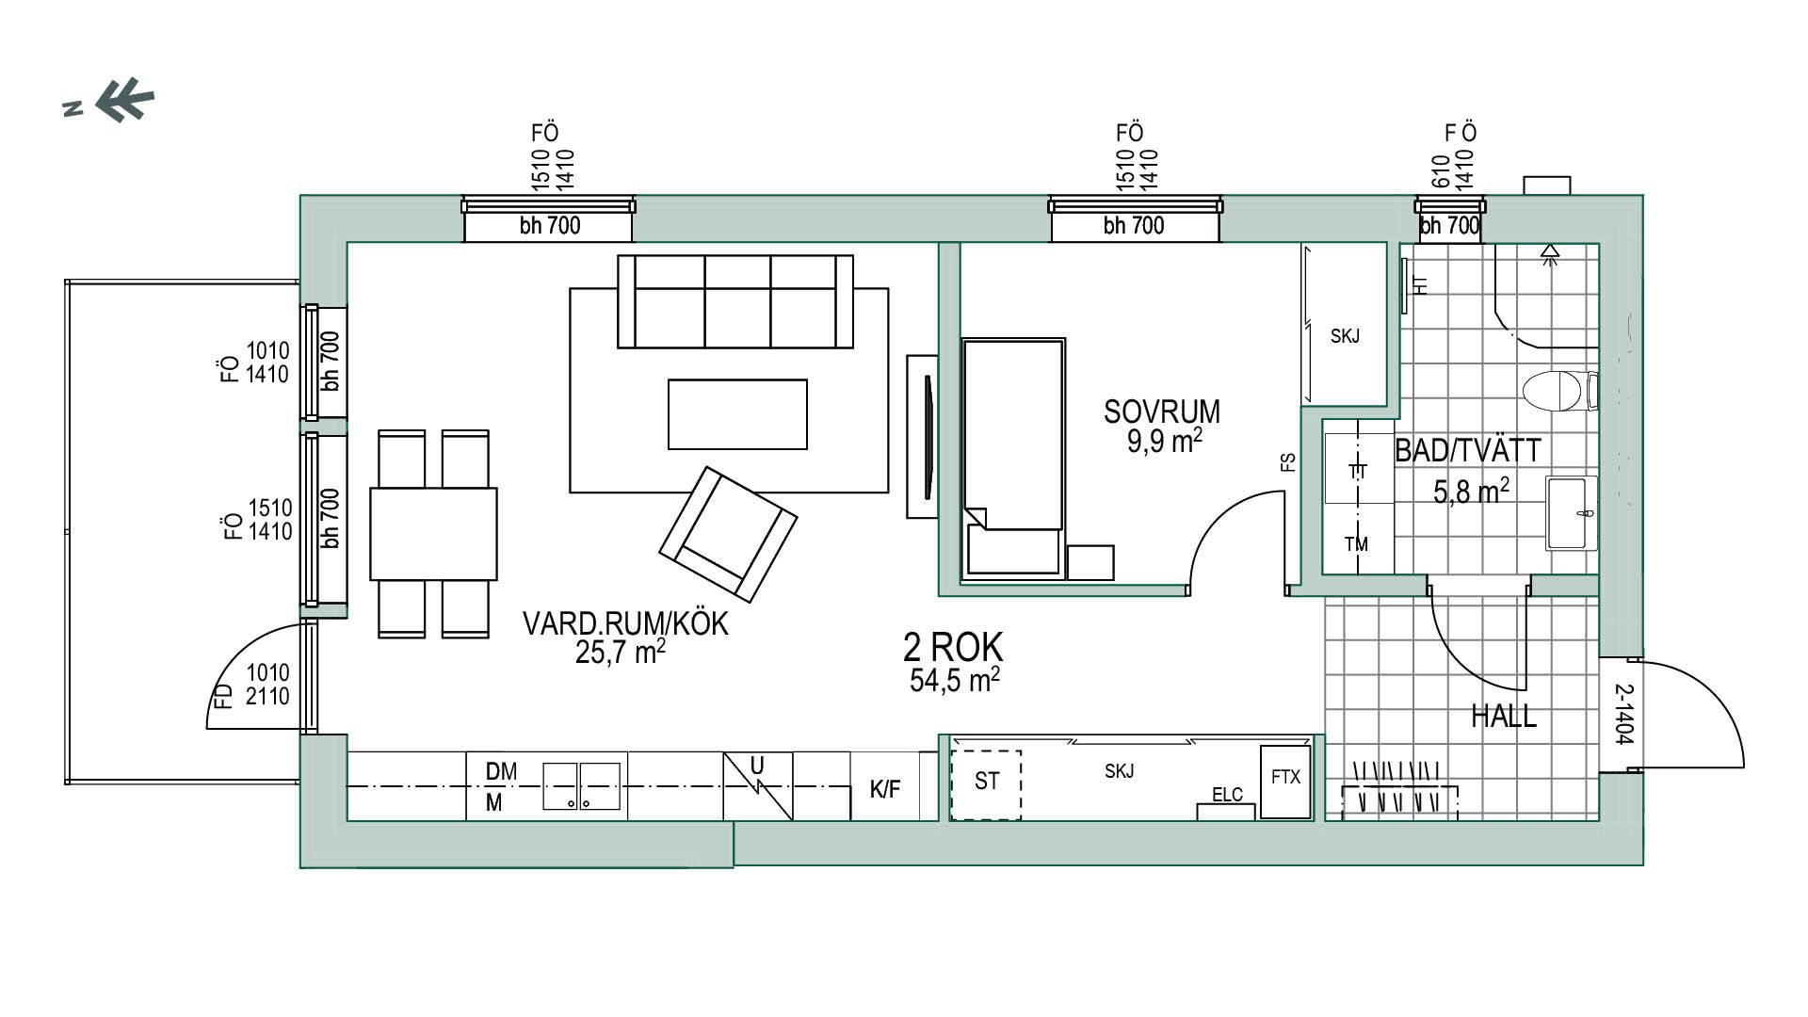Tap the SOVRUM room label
click(1162, 412)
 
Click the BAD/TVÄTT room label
click(1468, 451)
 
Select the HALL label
click(1504, 717)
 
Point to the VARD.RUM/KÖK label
click(625, 623)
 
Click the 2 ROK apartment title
click(953, 647)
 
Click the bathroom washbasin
click(1572, 513)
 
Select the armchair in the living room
click(728, 534)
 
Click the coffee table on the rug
click(737, 414)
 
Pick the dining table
click(433, 533)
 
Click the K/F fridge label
click(884, 790)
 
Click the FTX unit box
click(1285, 782)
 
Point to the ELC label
click(1227, 795)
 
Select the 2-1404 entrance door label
click(1623, 714)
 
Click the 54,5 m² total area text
click(954, 680)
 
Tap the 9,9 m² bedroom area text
click(1165, 441)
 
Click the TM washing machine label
click(1356, 544)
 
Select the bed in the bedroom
click(1013, 458)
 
